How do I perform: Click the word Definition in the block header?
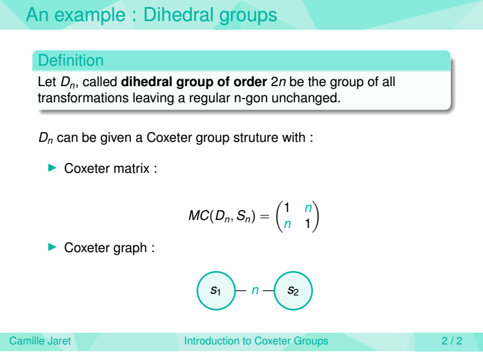pyautogui.click(x=71, y=60)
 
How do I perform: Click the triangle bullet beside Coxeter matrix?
pyautogui.click(x=53, y=168)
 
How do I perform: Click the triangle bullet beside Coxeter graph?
pyautogui.click(x=53, y=247)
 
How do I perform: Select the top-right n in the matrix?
pyautogui.click(x=308, y=208)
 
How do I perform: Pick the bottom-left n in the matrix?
pyautogui.click(x=287, y=224)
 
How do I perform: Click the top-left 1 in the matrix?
pyautogui.click(x=287, y=208)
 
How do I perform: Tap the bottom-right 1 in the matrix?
pyautogui.click(x=307, y=224)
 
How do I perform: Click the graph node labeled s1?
pyautogui.click(x=216, y=291)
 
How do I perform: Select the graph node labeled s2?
pyautogui.click(x=293, y=291)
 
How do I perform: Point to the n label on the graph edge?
pyautogui.click(x=255, y=291)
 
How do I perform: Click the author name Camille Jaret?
pyautogui.click(x=40, y=341)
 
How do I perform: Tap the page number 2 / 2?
pyautogui.click(x=452, y=341)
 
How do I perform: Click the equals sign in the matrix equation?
pyautogui.click(x=265, y=216)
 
